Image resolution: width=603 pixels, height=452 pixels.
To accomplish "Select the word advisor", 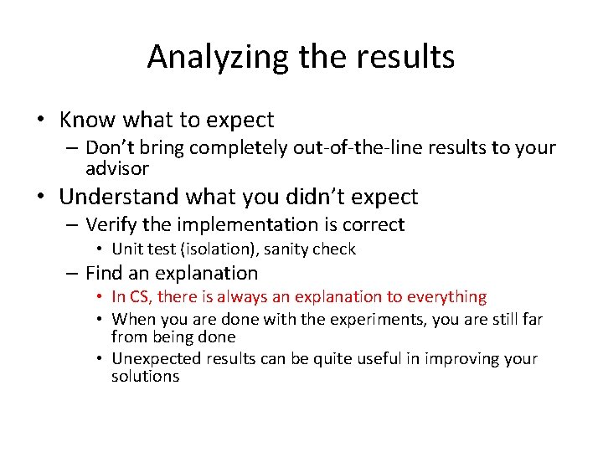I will (x=117, y=168).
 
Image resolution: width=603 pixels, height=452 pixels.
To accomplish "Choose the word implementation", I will (x=237, y=224).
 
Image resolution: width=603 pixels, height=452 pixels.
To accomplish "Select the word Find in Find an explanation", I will (x=105, y=273).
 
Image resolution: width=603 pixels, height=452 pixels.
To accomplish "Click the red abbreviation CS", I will (x=139, y=296).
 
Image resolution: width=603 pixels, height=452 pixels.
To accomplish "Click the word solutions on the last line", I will (x=145, y=377).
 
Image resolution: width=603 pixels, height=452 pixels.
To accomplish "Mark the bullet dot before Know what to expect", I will (x=40, y=121).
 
